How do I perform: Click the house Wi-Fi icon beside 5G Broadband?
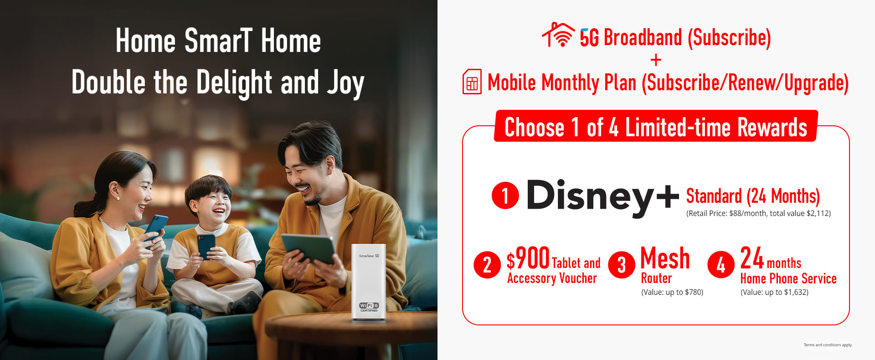559,35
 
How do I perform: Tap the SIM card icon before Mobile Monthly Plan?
472,82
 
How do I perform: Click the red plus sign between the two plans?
656,60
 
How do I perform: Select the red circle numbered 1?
505,195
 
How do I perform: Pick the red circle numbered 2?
487,265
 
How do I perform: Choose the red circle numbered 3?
621,265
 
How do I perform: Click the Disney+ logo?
603,197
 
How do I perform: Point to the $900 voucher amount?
528,258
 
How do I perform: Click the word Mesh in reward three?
665,258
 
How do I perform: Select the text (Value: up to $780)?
672,292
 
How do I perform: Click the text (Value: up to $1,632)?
774,292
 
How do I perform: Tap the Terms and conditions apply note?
828,345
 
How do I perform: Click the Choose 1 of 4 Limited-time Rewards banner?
656,126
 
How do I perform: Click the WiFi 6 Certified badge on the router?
369,307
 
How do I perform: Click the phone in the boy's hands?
206,246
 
